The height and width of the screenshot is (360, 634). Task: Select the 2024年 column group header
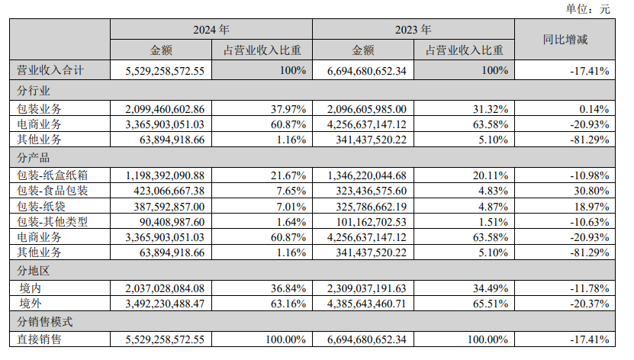(x=211, y=31)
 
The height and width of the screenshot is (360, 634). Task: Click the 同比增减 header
(x=565, y=40)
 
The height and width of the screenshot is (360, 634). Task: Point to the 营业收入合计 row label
(x=50, y=71)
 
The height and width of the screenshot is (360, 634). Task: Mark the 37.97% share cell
(x=290, y=108)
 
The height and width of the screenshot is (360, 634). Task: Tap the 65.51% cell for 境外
(x=491, y=304)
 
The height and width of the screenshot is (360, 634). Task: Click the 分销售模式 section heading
(x=44, y=322)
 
